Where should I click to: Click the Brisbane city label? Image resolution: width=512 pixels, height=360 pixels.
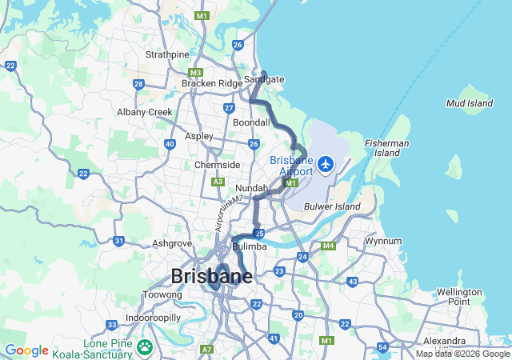[211, 276]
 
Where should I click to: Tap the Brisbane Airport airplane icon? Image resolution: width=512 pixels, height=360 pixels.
[326, 164]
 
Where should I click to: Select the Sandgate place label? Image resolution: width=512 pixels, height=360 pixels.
[264, 79]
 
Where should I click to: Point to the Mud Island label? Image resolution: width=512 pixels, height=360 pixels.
[469, 103]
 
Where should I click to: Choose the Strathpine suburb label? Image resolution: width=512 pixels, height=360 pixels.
[167, 54]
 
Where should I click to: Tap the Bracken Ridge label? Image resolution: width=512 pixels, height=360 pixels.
[211, 83]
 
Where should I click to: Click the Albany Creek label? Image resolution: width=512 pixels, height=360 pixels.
[145, 112]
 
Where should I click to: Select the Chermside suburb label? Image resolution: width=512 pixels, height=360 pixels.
[217, 165]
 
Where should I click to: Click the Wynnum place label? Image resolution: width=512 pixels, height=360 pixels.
[382, 241]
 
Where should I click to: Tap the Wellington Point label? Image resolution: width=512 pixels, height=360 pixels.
[459, 296]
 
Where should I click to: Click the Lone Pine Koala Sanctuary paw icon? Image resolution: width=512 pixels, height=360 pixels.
[145, 347]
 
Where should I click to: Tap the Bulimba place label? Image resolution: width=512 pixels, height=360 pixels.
[249, 246]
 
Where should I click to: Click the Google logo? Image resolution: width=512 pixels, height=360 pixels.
[26, 350]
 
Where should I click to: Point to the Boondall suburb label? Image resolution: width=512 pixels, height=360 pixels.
[251, 122]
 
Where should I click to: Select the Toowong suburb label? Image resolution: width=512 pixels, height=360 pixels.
[162, 294]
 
